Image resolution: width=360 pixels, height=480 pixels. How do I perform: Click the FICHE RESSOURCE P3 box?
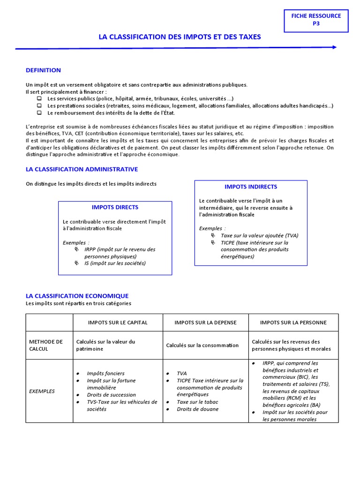[316, 20]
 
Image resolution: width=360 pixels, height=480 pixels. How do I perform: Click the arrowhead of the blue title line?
[334, 47]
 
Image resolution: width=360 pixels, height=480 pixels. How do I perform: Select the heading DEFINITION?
[43, 70]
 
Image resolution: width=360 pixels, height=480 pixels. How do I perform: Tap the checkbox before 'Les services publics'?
[39, 99]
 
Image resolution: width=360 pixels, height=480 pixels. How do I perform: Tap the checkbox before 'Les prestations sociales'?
[39, 106]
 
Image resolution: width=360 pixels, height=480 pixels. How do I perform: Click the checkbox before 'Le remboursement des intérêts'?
[39, 113]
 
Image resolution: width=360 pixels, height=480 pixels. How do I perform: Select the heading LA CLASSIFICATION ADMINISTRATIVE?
[82, 169]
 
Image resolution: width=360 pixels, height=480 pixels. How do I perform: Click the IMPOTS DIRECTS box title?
[115, 207]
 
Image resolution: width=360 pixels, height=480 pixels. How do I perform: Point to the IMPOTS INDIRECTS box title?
[251, 187]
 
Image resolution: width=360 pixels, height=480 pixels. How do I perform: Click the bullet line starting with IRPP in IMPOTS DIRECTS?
[120, 253]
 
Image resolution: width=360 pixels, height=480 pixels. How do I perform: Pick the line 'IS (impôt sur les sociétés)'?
[115, 263]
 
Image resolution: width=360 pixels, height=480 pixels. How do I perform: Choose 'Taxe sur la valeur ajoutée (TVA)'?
[259, 235]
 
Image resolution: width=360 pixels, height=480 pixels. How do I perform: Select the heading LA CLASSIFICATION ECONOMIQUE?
[77, 296]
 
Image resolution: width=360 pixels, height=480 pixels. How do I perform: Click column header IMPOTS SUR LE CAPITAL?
[118, 322]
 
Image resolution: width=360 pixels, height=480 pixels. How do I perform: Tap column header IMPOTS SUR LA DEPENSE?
[205, 322]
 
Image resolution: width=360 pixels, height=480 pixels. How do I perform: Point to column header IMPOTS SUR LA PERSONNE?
[293, 322]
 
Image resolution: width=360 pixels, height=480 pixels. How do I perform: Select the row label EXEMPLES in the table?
[42, 391]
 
